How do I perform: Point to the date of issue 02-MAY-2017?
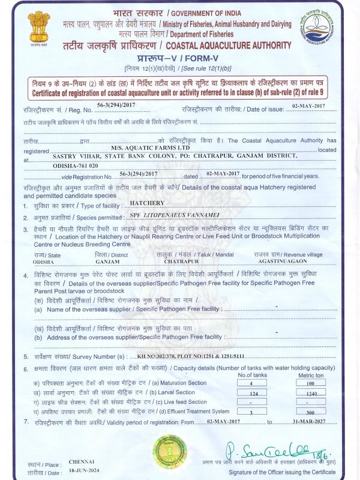tap(308, 105)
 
